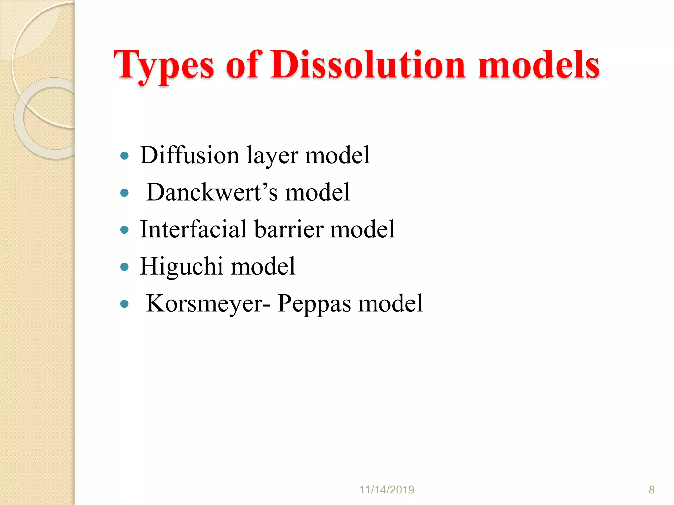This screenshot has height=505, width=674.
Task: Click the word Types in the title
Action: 164,66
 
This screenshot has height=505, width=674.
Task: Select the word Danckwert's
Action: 212,192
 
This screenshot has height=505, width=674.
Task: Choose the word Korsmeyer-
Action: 208,303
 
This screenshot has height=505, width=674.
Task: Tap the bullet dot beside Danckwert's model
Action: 124,193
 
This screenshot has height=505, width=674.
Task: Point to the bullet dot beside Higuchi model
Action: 124,267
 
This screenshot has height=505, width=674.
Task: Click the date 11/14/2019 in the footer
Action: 387,490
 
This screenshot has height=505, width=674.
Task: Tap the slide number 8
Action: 651,490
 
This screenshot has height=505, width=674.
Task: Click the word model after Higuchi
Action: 263,266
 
